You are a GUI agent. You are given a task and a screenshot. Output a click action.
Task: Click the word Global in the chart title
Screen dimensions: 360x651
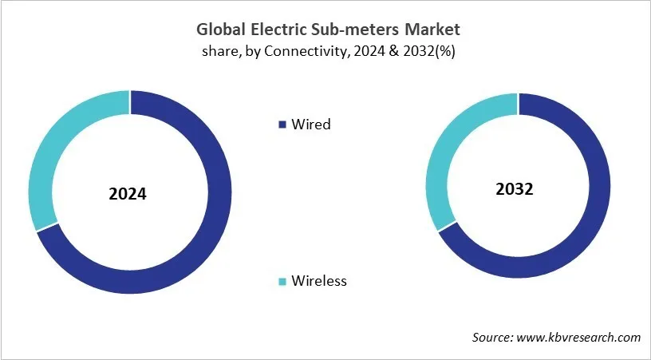tap(220, 30)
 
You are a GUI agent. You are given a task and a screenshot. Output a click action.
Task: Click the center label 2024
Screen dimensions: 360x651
tap(128, 193)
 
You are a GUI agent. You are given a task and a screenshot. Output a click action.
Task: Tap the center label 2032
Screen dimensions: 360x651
tap(514, 190)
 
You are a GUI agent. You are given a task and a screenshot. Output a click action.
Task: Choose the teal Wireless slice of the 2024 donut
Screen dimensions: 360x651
tap(48, 152)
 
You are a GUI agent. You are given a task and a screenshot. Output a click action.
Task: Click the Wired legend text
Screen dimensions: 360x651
tap(310, 125)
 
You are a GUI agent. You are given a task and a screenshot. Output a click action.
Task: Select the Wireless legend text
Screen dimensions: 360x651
tap(319, 281)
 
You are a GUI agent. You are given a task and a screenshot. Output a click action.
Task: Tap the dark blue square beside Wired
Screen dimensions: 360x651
tap(281, 125)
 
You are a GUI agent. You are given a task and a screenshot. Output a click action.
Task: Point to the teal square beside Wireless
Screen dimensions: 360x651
tap(281, 281)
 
